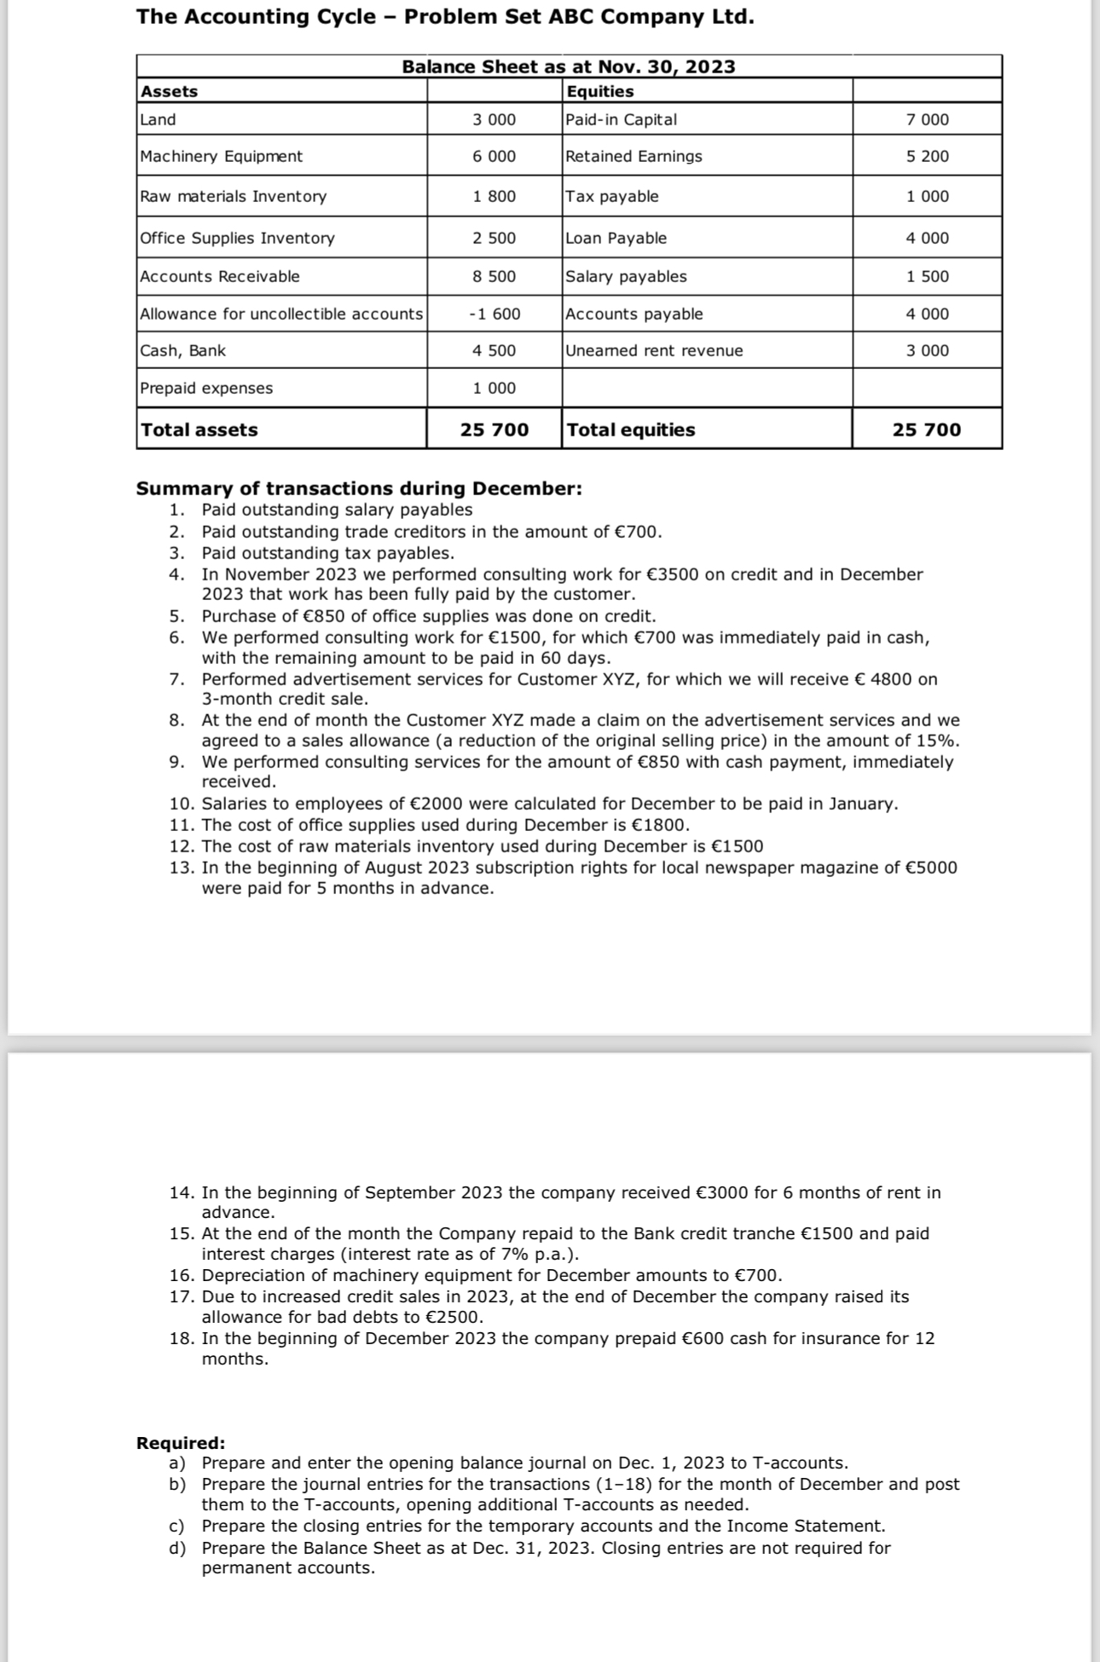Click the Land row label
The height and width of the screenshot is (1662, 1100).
coord(158,119)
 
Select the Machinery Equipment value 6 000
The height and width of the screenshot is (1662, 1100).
coord(495,156)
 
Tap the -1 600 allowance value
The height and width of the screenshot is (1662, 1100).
coord(495,314)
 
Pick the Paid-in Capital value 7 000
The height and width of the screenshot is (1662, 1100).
coord(928,119)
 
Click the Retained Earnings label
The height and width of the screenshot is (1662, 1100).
coord(634,156)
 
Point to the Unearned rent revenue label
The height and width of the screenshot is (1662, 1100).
coord(655,350)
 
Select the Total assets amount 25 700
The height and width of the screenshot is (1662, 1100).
coord(495,430)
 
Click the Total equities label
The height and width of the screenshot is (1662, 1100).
coord(631,430)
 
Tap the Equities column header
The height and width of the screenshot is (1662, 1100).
coord(600,91)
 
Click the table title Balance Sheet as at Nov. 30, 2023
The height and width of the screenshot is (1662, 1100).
coord(569,66)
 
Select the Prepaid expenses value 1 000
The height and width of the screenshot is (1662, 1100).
coord(495,388)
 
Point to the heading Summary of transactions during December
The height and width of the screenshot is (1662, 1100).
coord(359,488)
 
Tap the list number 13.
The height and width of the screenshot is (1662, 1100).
coord(182,868)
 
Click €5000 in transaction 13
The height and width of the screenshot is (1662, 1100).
coord(930,868)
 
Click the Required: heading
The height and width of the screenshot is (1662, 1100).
coord(181,1443)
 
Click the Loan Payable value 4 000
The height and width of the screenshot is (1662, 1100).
coord(928,238)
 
